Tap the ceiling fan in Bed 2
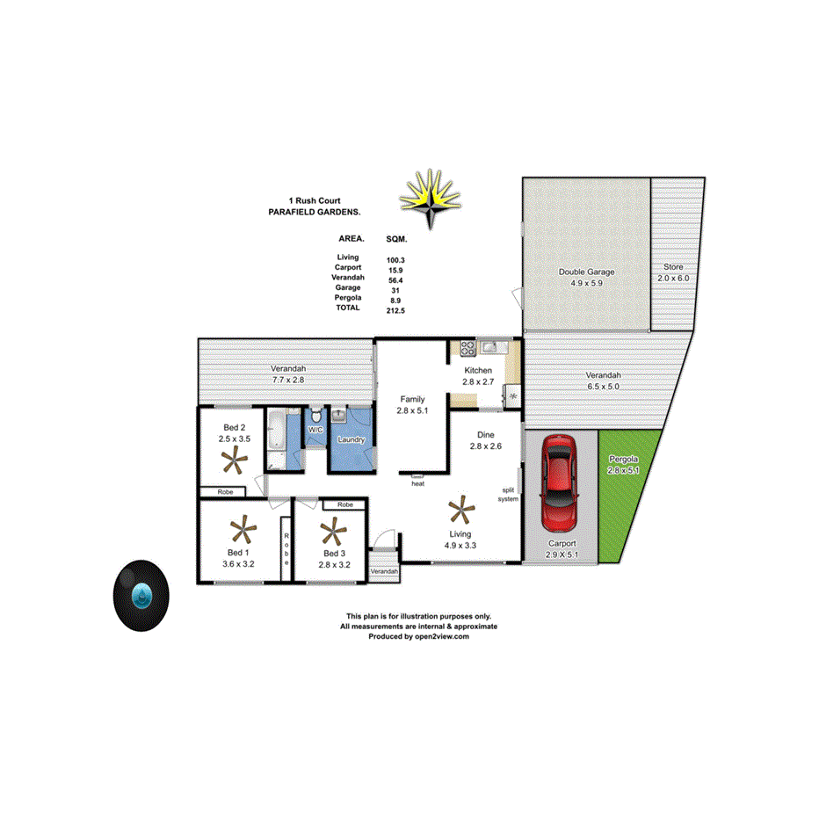235,459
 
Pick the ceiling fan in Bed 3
332,531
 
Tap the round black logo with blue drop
141,595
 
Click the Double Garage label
586,272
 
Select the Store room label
673,267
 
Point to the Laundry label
351,439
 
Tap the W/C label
315,430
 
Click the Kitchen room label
478,371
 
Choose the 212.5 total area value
395,310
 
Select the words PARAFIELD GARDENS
314,213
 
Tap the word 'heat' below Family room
417,483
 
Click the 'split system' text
508,495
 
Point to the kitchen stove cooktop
465,346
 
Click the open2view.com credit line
418,637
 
